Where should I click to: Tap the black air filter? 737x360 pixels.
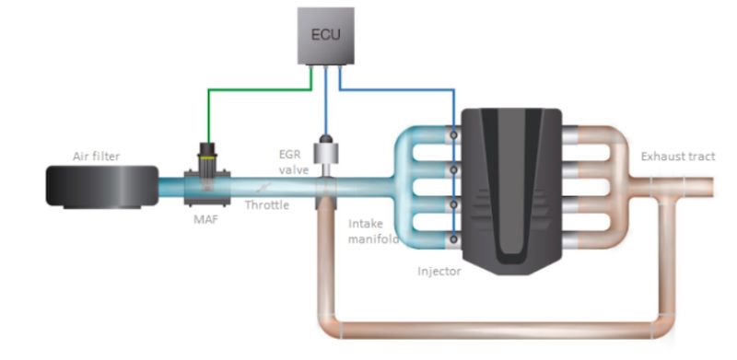tap(99, 183)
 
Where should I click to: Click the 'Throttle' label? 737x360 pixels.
tap(266, 205)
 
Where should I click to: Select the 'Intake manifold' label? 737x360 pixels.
tap(373, 231)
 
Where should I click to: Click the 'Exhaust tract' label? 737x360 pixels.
tap(676, 156)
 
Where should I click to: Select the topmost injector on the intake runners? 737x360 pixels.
tap(453, 134)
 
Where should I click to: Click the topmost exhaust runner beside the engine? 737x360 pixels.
tap(599, 134)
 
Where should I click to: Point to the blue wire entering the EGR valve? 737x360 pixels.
tap(325, 110)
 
